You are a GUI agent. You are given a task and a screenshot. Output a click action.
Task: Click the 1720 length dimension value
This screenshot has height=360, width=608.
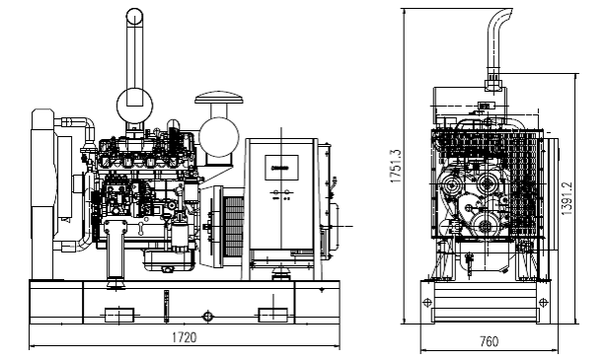tap(185, 337)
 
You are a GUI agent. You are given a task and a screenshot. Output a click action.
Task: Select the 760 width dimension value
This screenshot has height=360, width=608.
tap(489, 342)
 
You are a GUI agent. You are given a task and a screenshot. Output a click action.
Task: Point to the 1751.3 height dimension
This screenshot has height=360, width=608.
tap(396, 166)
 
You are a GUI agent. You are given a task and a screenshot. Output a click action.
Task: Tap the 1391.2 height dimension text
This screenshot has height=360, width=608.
tap(567, 198)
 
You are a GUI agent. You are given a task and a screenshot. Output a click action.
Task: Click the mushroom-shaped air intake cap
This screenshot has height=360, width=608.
tap(219, 98)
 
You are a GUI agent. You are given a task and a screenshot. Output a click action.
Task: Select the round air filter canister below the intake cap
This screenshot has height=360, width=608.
tap(219, 137)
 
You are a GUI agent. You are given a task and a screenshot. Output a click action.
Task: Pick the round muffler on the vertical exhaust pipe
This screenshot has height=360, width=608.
tap(134, 105)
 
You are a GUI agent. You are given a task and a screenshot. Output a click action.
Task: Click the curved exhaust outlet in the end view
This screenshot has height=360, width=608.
tap(499, 38)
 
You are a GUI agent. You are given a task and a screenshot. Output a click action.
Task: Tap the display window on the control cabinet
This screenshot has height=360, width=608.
tap(281, 168)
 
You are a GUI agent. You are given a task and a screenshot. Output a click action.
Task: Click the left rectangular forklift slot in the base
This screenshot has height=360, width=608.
tap(119, 315)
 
